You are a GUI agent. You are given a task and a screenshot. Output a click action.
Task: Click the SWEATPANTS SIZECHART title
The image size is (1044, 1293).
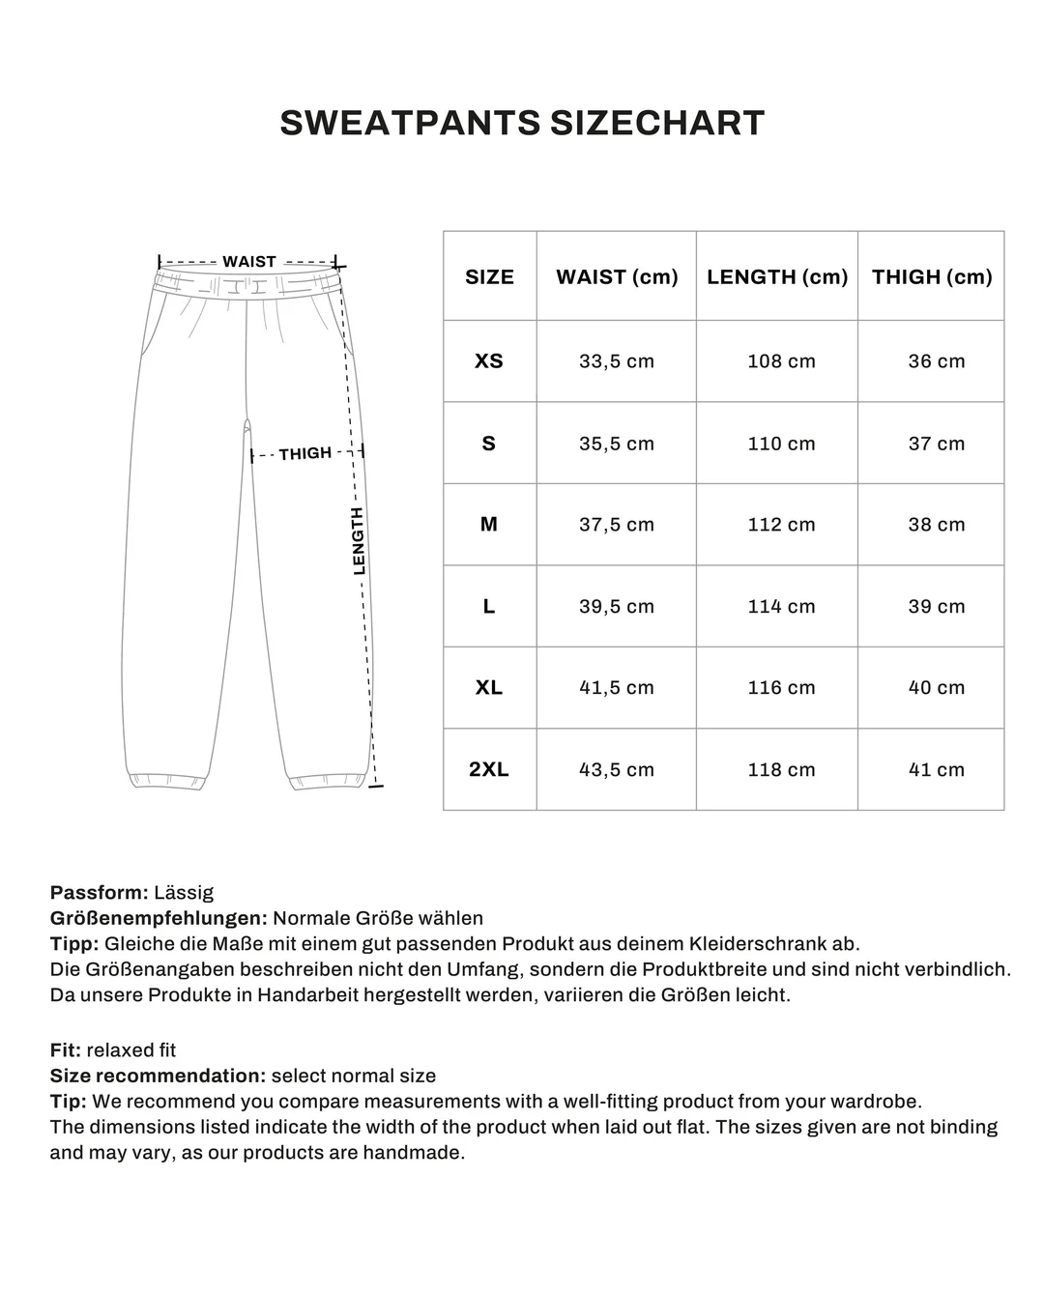pos(522,123)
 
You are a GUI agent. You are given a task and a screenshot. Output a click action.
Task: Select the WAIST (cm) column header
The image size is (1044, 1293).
pos(617,276)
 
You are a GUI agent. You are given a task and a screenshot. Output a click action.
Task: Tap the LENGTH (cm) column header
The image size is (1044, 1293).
pos(777,276)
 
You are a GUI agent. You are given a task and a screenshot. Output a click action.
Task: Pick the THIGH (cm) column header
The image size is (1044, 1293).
pos(932,276)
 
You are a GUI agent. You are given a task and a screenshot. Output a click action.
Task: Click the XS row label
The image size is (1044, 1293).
pos(489,360)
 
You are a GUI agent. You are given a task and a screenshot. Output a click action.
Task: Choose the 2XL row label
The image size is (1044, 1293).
pos(489,769)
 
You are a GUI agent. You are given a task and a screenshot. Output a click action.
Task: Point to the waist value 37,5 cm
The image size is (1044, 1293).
pos(617,525)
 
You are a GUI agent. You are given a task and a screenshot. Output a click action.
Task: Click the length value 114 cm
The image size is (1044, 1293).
pos(781,606)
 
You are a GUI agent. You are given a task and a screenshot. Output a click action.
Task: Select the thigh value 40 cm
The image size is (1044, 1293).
pos(936,687)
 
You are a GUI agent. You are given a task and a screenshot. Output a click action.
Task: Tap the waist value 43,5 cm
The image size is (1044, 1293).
pos(617,769)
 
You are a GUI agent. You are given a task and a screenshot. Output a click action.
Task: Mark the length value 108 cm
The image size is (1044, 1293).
pos(781,360)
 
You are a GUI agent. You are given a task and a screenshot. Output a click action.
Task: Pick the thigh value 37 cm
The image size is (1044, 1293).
pos(936,444)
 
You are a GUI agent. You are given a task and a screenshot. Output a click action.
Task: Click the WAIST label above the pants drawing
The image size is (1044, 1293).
pos(249,262)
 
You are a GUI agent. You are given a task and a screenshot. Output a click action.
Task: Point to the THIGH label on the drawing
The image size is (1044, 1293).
pos(305,453)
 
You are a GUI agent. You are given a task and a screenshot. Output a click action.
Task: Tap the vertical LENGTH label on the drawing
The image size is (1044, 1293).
pos(359,541)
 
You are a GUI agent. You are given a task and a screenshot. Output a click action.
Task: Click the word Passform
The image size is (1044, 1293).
pos(99,892)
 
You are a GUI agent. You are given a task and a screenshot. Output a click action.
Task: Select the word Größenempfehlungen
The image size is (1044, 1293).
pos(159,918)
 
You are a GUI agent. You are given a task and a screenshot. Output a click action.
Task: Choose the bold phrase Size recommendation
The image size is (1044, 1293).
pos(158,1076)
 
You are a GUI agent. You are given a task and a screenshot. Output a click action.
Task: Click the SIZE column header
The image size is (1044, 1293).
pos(489,276)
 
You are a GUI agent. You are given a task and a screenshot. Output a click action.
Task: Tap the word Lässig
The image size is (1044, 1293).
pos(184,892)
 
